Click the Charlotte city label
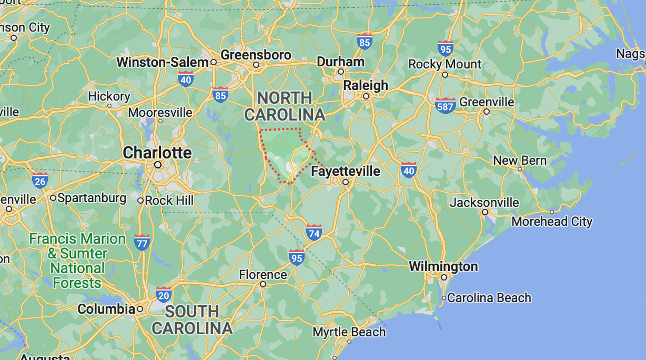[157, 153]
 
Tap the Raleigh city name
[366, 85]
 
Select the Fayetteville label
[345, 171]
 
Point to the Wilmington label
[443, 266]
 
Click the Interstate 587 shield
[446, 106]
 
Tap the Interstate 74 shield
[314, 232]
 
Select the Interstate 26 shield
[40, 181]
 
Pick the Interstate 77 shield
[142, 243]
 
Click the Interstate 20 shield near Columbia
[164, 295]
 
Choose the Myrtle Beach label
[349, 332]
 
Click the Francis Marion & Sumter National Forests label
[77, 261]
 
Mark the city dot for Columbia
[139, 309]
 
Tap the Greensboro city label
[256, 55]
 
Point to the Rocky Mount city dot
[445, 75]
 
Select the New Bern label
[520, 161]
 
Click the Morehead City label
[552, 222]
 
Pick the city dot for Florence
[263, 284]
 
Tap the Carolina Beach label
[489, 298]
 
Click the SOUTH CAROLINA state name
[191, 319]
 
